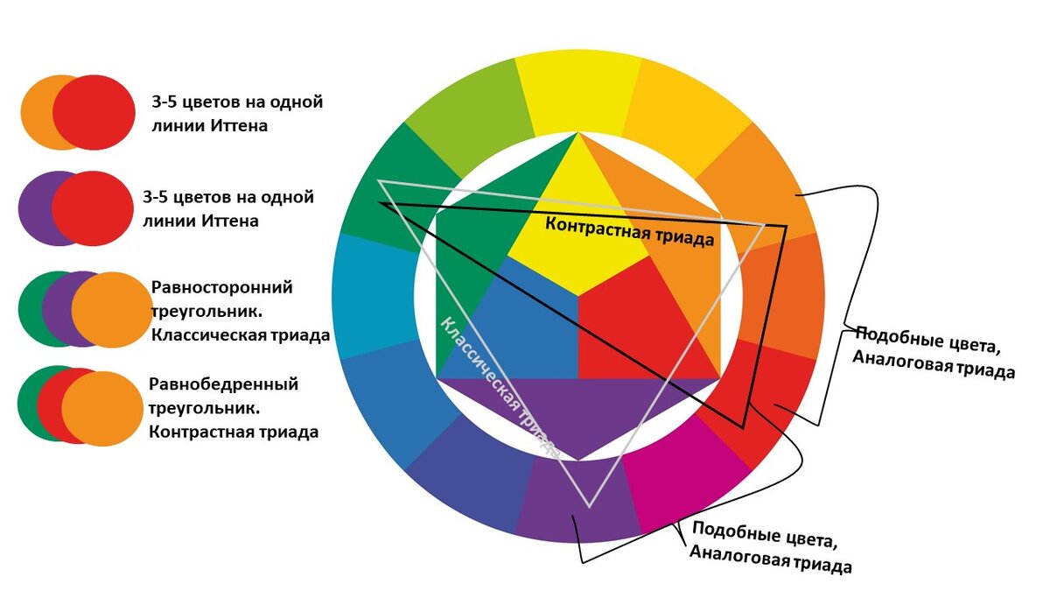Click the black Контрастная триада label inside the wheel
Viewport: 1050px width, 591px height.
click(x=630, y=230)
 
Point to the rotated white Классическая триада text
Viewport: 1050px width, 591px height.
click(x=499, y=385)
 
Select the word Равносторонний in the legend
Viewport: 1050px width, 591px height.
click(x=222, y=288)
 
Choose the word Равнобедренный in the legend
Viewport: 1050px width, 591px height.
click(x=224, y=384)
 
